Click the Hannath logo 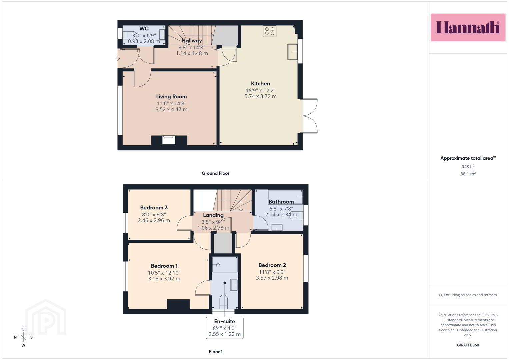click(x=468, y=27)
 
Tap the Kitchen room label click(x=260, y=84)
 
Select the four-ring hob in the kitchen click(x=270, y=31)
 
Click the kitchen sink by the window click(x=292, y=52)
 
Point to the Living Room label click(x=171, y=97)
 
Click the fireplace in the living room click(x=169, y=140)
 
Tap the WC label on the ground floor click(x=144, y=29)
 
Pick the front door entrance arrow click(x=117, y=58)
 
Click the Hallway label click(x=192, y=41)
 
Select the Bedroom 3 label click(x=154, y=207)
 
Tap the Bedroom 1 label click(x=164, y=266)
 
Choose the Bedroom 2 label click(x=272, y=265)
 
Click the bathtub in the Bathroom click(x=286, y=197)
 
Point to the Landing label click(x=213, y=215)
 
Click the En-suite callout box click(x=225, y=328)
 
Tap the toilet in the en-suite click(x=224, y=302)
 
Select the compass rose click(x=23, y=337)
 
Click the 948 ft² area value click(x=468, y=167)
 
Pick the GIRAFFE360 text click(x=468, y=345)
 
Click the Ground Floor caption click(x=215, y=173)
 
